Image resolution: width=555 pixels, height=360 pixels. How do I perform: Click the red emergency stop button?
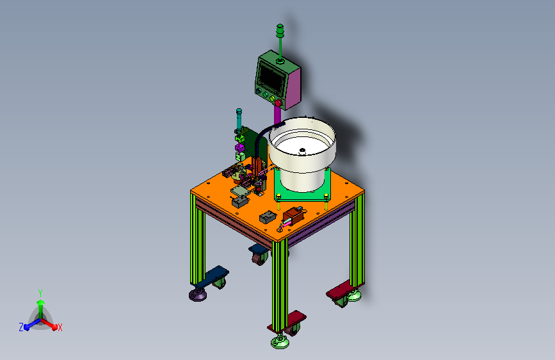pyautogui.click(x=278, y=103)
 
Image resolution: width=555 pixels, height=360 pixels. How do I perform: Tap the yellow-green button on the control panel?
pyautogui.click(x=272, y=99)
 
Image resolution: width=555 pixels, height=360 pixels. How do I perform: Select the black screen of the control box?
pyautogui.click(x=271, y=78)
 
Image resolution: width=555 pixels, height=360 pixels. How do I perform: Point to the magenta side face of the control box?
pyautogui.click(x=293, y=88)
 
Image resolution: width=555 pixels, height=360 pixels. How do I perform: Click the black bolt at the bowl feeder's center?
pyautogui.click(x=302, y=151)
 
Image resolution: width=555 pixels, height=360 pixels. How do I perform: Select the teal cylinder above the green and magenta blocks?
pyautogui.click(x=239, y=119)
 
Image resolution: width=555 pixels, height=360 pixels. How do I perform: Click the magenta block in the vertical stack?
pyautogui.click(x=239, y=147)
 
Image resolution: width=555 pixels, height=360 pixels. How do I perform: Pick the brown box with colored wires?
pyautogui.click(x=294, y=215)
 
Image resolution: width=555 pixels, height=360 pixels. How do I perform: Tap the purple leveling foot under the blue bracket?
pyautogui.click(x=198, y=294)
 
